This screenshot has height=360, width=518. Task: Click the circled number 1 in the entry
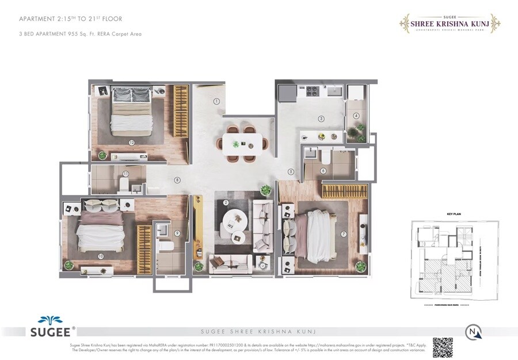pos(217,101)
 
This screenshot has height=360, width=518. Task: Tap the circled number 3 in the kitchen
pos(321,119)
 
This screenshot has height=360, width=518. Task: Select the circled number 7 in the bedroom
pos(344,234)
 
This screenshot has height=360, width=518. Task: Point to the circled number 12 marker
pos(132,143)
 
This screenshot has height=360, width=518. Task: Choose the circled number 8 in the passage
pos(177,180)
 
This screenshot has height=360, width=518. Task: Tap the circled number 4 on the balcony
pos(356,116)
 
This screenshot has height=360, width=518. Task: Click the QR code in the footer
pos(443,347)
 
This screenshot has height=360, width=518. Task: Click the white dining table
pos(242,142)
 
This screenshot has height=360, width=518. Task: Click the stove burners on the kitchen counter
pos(311,90)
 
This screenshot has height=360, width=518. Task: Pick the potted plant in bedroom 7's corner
pos(361,266)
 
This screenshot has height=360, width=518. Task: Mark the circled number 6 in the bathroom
pos(323,171)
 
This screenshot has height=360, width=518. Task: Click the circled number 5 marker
pos(291,171)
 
